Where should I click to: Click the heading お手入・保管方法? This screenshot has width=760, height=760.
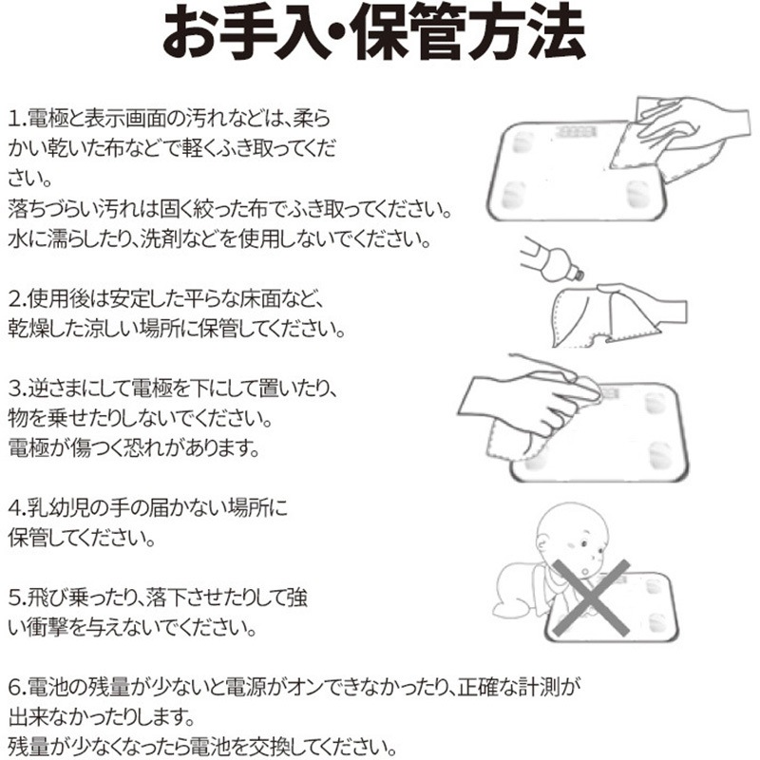[373, 33]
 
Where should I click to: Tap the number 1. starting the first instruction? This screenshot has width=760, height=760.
[17, 119]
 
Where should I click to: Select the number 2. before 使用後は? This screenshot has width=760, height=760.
[17, 298]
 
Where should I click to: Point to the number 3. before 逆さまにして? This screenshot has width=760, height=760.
[17, 389]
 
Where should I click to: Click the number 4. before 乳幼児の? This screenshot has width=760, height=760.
[17, 508]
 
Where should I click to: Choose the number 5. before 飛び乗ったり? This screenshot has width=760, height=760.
[17, 598]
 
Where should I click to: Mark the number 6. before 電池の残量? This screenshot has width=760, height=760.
[17, 687]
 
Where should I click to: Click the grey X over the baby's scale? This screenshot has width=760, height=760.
[591, 598]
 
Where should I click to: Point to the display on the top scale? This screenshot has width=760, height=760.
[576, 132]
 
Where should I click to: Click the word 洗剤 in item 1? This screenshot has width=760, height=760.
[160, 239]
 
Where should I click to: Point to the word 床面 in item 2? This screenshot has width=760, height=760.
[260, 298]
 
